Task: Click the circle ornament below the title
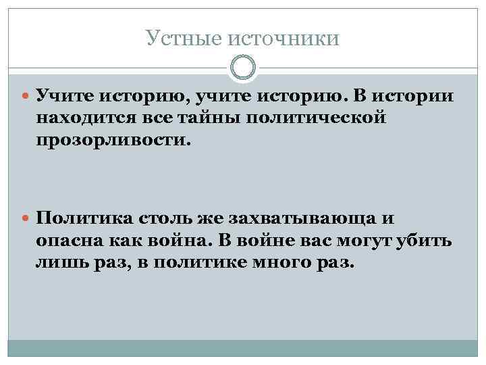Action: click(x=243, y=68)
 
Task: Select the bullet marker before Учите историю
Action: click(x=26, y=97)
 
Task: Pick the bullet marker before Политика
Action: click(x=26, y=219)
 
